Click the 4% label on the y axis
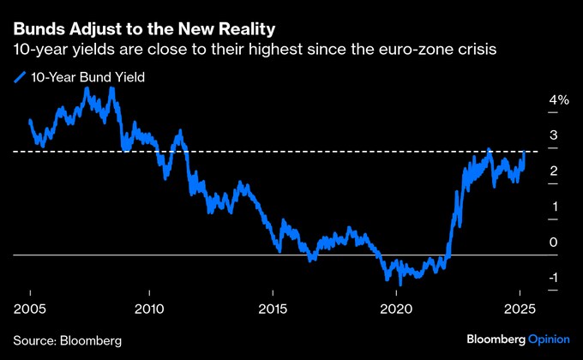coord(558,100)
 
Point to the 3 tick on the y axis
coord(554,135)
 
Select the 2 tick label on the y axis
coord(554,171)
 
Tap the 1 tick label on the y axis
coord(554,207)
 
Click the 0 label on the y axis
coord(554,243)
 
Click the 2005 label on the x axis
coord(31,308)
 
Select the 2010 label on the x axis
coord(149,308)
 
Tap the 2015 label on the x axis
coord(273,308)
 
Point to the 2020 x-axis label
coord(396,308)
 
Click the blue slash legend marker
coord(21,77)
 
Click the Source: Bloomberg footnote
coord(68,340)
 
